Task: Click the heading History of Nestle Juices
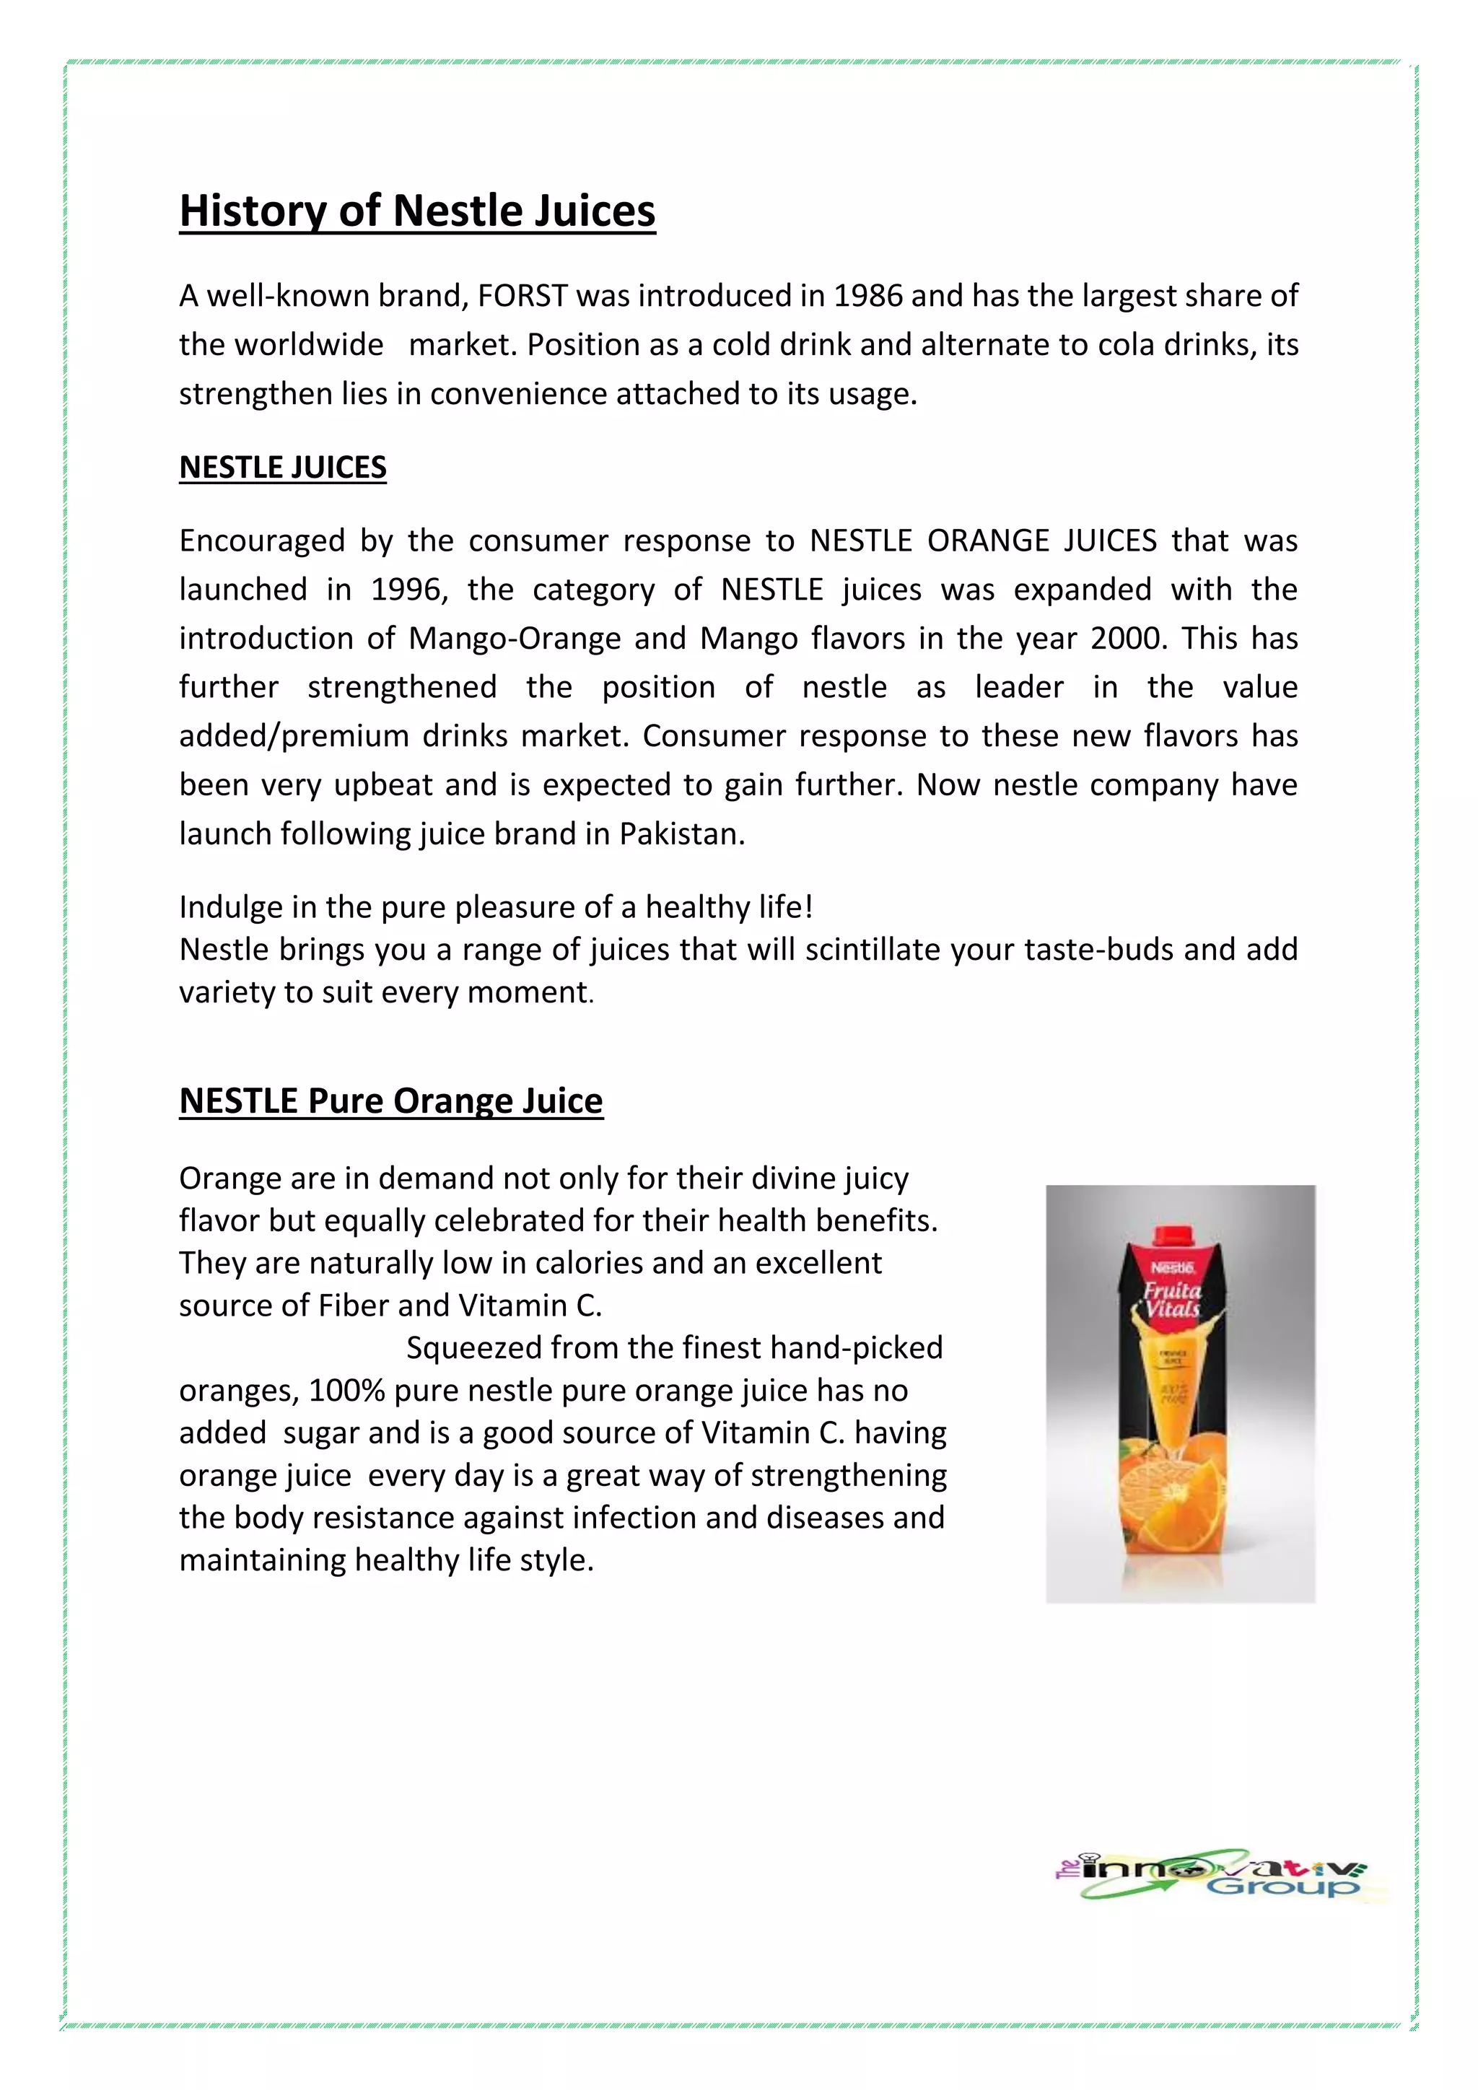point(417,211)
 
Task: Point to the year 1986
point(867,296)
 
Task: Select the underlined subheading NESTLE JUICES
point(282,467)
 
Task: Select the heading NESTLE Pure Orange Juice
point(390,1101)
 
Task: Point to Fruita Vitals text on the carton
point(1172,1300)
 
